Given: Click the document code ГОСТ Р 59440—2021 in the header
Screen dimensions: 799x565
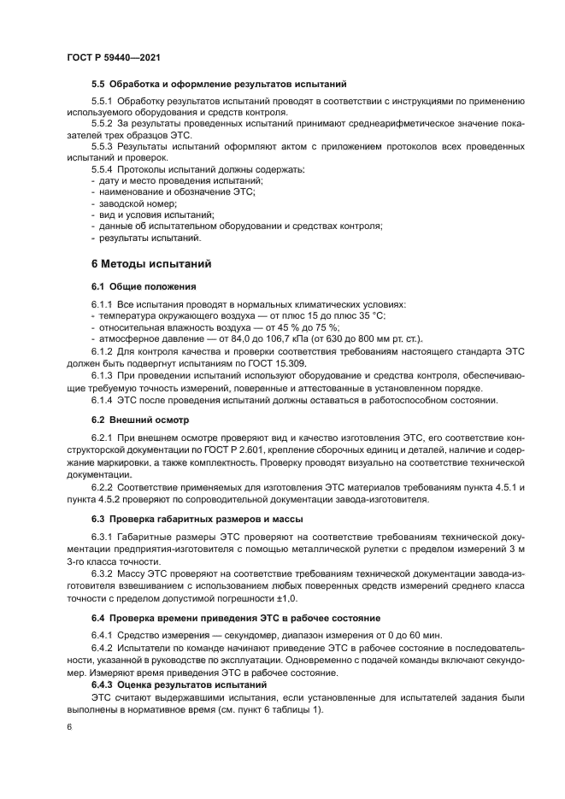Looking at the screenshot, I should (x=114, y=56).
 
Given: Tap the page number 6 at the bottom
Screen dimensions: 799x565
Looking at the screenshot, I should (x=68, y=726).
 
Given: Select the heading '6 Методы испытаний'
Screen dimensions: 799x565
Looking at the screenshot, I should (x=146, y=264).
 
